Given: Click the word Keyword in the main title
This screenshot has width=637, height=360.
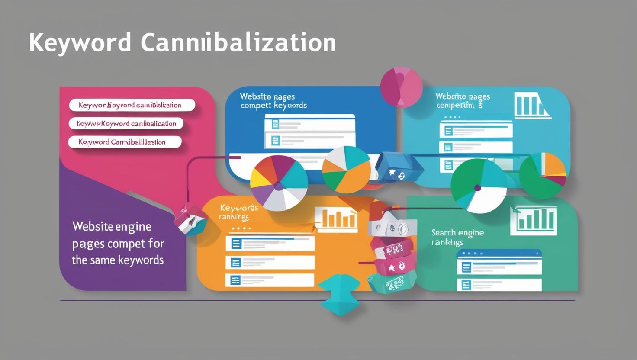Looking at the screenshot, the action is click(x=80, y=43).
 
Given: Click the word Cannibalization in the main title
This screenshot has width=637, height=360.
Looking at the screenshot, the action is click(x=238, y=43).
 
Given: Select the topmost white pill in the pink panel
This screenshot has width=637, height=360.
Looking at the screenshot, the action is click(x=132, y=105).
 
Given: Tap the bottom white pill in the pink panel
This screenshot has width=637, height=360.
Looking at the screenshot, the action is click(x=125, y=142).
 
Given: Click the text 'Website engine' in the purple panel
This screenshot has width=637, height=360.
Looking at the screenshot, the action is click(x=112, y=226).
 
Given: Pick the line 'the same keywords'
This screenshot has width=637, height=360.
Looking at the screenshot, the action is click(x=118, y=260).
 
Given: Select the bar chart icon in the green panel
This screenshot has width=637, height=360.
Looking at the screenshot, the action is click(x=533, y=220).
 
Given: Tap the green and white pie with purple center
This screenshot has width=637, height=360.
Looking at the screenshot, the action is click(x=478, y=186).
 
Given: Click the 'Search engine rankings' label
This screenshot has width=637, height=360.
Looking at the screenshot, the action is click(x=457, y=237).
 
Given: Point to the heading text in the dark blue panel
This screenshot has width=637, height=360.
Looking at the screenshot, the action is click(x=273, y=101).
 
